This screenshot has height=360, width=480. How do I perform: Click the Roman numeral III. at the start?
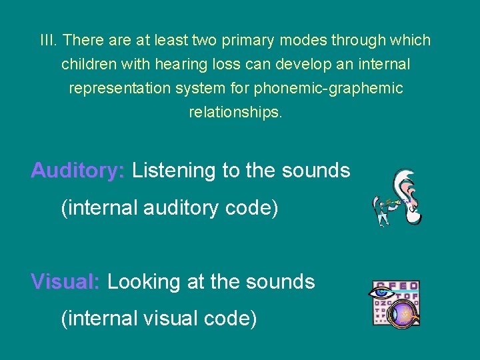coord(49,41)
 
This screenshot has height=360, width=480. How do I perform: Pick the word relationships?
coord(236,112)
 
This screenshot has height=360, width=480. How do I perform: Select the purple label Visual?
coord(65,282)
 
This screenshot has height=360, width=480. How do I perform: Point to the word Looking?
coord(143,282)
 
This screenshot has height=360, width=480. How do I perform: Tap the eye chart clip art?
coord(395,303)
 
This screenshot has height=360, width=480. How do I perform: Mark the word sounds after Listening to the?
coord(316,171)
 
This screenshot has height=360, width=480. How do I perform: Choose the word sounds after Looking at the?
coord(281,282)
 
